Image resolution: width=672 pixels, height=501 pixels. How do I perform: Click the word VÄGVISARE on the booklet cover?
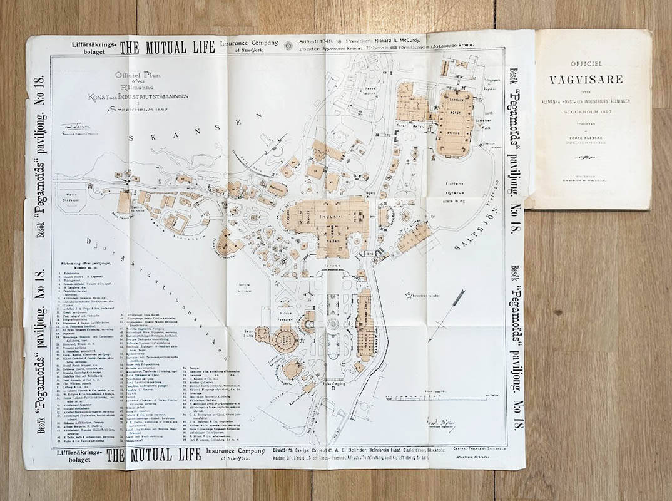[590, 80]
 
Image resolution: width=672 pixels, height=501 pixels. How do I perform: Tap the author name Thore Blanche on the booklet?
[590, 132]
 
